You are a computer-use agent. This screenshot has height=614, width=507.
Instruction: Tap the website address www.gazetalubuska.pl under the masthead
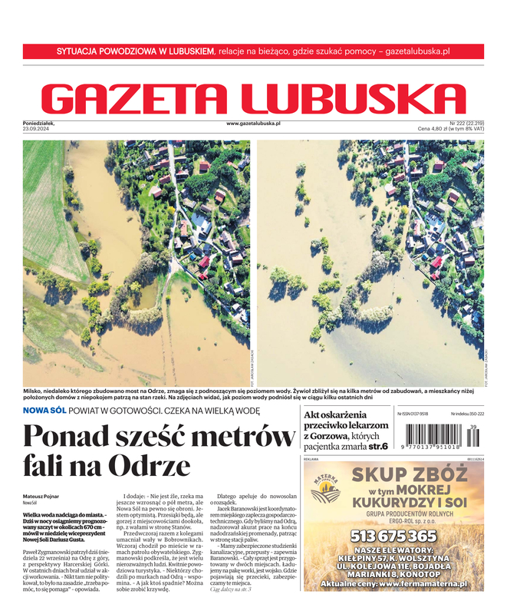click(253, 123)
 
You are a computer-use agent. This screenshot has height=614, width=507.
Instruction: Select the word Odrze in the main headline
click(150, 466)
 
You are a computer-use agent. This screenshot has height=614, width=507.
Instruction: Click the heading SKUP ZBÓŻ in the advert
click(409, 474)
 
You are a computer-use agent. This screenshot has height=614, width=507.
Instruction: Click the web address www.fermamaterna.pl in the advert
click(428, 584)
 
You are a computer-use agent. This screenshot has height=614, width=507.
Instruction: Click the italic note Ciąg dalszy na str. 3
click(230, 588)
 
